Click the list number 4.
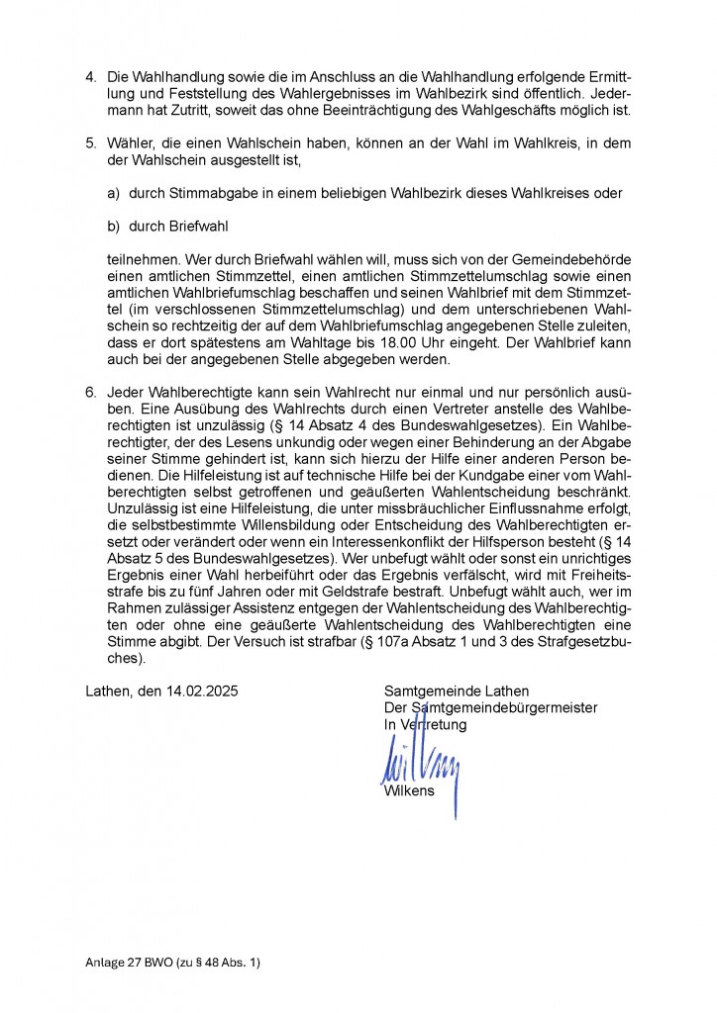(91, 77)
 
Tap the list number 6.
(91, 393)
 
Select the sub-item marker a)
(113, 193)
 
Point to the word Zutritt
(205, 109)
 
